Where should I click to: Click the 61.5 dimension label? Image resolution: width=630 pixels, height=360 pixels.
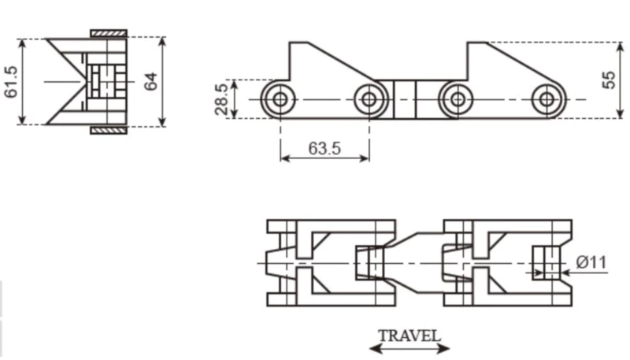point(11,82)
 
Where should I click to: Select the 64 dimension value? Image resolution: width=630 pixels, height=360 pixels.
point(151,82)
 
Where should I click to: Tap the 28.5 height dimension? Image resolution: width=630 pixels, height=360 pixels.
point(222,99)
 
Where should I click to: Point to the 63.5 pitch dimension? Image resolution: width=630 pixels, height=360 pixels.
point(324,147)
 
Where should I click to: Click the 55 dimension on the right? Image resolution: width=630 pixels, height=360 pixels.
point(609,80)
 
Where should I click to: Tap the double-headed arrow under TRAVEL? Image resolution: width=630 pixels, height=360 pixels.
point(409,348)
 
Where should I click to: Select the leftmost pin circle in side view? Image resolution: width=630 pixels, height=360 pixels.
point(279,99)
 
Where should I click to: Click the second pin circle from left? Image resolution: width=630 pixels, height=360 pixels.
point(368,99)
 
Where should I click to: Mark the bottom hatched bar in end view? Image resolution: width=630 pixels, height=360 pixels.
point(109,130)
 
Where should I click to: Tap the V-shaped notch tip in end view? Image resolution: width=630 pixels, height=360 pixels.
point(83,81)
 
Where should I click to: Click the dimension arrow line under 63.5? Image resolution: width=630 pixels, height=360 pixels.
point(324,158)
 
